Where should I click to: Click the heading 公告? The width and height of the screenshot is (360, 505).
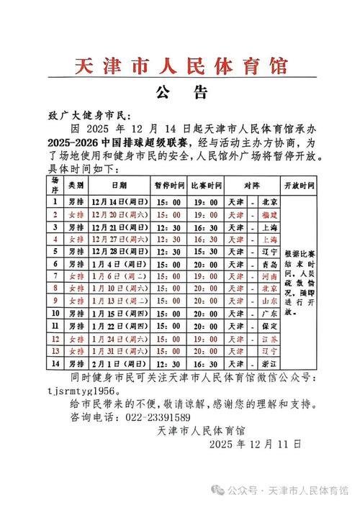(x=181, y=94)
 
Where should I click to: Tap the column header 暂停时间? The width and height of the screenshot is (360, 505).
(x=167, y=185)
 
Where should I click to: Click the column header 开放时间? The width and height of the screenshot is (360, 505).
(x=302, y=185)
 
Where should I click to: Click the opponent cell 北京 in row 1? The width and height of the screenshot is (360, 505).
(x=269, y=202)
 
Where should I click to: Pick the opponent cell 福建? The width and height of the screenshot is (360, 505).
(x=269, y=214)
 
